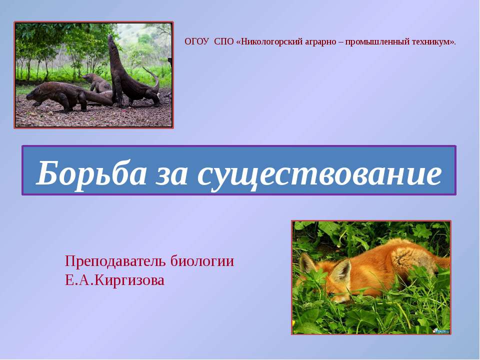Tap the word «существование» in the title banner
(319, 175)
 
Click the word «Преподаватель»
(115, 261)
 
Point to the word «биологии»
(202, 261)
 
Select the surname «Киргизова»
(129, 280)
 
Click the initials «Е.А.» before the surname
(79, 280)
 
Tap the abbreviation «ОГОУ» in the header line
(197, 41)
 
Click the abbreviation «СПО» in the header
(224, 41)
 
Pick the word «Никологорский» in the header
(270, 41)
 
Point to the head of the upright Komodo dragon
(111, 41)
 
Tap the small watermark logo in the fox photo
(441, 331)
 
